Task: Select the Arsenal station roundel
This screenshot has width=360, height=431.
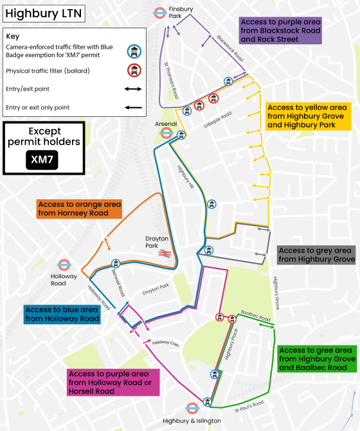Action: click(x=165, y=134)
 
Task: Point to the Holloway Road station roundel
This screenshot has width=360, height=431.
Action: click(x=64, y=265)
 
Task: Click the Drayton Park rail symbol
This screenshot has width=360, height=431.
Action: click(x=164, y=254)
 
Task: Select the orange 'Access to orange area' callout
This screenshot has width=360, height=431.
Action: click(x=80, y=208)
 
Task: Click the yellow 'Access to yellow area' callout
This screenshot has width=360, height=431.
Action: click(x=310, y=116)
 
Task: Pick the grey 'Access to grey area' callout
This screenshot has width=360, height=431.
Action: click(x=317, y=255)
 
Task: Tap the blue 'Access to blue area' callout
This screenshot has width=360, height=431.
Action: click(x=62, y=314)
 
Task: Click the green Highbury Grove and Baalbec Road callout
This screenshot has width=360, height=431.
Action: click(x=317, y=358)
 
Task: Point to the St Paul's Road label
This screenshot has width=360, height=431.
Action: click(x=249, y=405)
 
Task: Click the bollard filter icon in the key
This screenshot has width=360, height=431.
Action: click(x=134, y=70)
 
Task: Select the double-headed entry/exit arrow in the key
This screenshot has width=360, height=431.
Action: click(x=134, y=89)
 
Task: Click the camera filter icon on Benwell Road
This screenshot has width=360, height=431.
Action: click(x=116, y=263)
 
